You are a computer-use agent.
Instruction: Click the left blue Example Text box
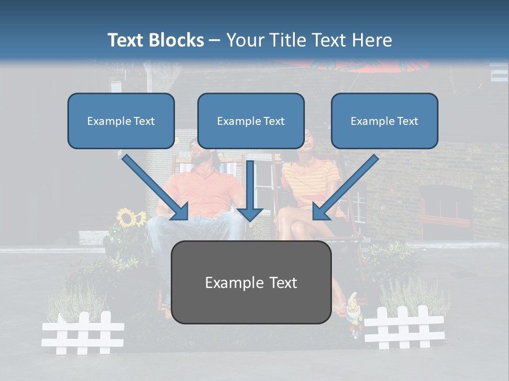click(x=121, y=121)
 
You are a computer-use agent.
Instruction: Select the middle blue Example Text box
click(x=251, y=121)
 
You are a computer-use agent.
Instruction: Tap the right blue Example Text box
click(x=384, y=121)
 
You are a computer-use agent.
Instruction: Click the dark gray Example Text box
click(x=251, y=282)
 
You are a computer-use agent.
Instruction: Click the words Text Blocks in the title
click(x=155, y=40)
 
